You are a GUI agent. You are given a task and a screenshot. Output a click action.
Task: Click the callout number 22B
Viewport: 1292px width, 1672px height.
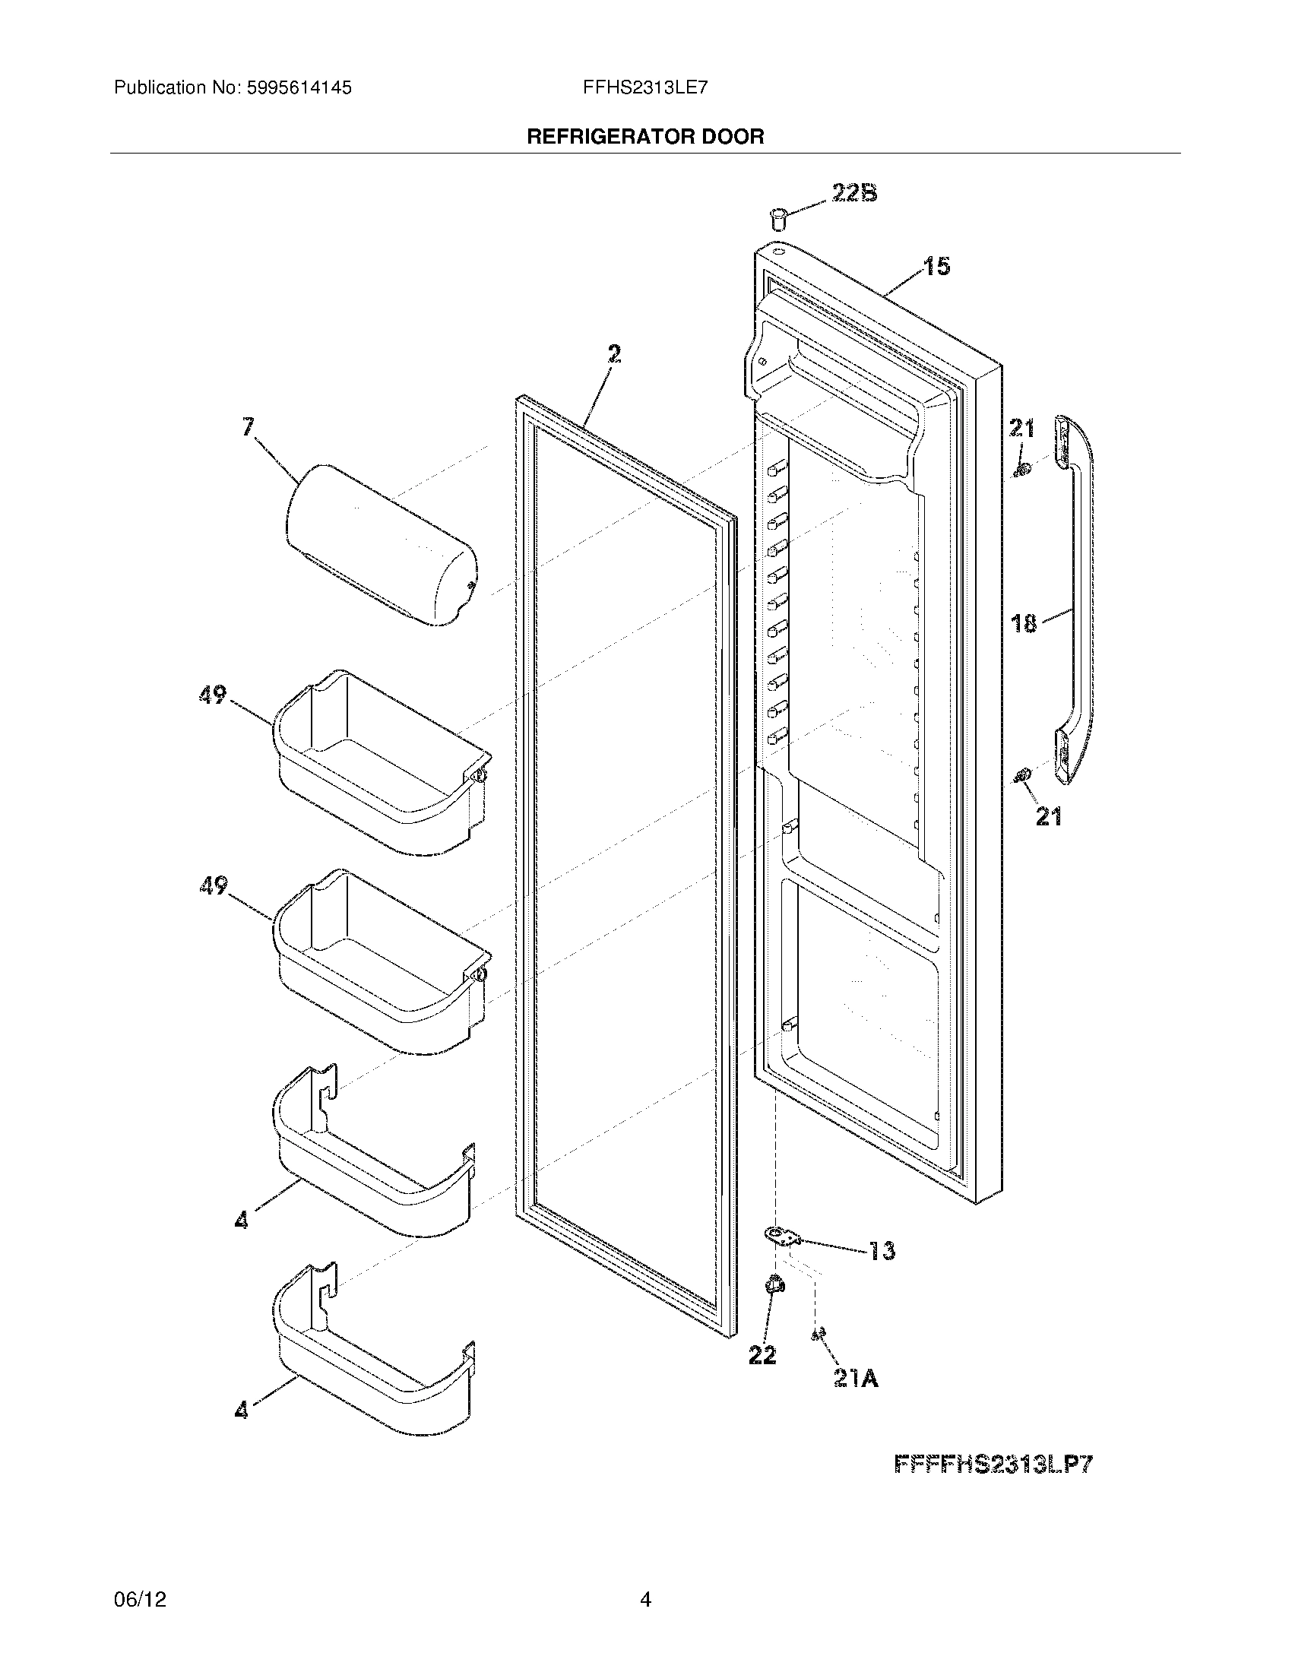click(854, 193)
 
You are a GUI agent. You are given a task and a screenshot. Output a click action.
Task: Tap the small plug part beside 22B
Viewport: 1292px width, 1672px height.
click(779, 217)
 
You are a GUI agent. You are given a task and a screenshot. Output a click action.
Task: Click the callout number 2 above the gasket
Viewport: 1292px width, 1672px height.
click(614, 353)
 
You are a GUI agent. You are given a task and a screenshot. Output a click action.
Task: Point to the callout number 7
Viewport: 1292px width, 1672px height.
click(249, 426)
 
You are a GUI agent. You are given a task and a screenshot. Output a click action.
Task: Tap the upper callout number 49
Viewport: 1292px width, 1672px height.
click(213, 695)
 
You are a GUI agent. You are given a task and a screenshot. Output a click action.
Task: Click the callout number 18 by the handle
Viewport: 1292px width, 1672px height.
click(1024, 623)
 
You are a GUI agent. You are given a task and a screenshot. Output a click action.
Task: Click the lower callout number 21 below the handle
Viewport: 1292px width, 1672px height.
click(1049, 817)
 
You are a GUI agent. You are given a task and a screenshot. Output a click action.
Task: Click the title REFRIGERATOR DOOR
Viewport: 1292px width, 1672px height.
click(645, 137)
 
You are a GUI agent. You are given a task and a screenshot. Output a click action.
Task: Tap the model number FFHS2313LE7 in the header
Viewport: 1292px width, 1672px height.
click(644, 88)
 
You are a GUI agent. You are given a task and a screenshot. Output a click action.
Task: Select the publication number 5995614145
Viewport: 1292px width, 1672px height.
click(299, 88)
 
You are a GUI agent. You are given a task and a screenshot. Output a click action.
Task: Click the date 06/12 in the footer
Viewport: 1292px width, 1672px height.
click(139, 1598)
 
